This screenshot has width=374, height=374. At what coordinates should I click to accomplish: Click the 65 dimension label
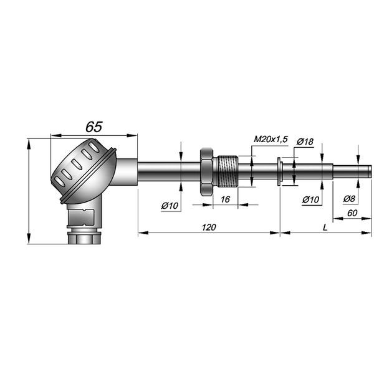click(x=94, y=127)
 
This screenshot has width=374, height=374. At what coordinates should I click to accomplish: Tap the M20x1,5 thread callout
click(x=271, y=139)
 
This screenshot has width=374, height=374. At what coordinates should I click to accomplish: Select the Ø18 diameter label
click(x=305, y=142)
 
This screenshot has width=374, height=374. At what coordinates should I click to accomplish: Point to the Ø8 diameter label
click(x=349, y=199)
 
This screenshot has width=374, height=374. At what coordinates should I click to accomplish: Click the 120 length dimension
click(x=209, y=228)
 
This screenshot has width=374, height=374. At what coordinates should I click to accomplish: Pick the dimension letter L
click(x=325, y=228)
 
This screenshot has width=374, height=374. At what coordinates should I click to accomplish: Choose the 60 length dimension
click(x=352, y=213)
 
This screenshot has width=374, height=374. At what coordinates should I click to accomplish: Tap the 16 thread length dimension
click(x=225, y=199)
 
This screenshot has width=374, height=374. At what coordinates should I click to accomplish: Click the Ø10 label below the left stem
click(x=170, y=205)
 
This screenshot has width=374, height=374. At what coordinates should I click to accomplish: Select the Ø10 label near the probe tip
click(x=310, y=199)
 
